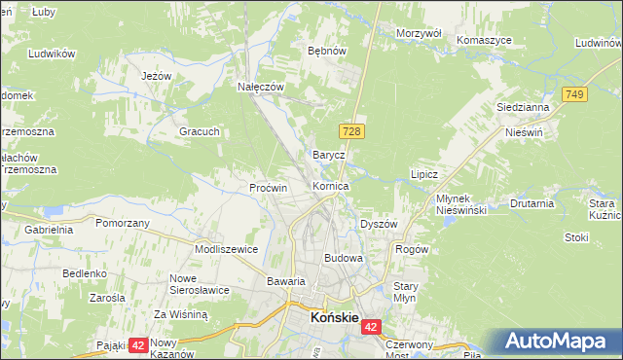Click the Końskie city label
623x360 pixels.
pos(333,317)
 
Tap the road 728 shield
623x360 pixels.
pos(352,130)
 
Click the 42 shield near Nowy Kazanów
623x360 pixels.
pos(137,344)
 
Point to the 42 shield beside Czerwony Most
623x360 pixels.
pos(372,329)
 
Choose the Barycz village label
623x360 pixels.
pos(328,155)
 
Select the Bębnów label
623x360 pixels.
pos(326,50)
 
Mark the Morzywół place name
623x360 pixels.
pos(420,33)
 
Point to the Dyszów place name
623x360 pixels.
pos(379,224)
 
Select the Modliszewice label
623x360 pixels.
pos(226,249)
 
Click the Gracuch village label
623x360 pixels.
pos(200,131)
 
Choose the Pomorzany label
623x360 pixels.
pos(123,223)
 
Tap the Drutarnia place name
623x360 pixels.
pos(531,204)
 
